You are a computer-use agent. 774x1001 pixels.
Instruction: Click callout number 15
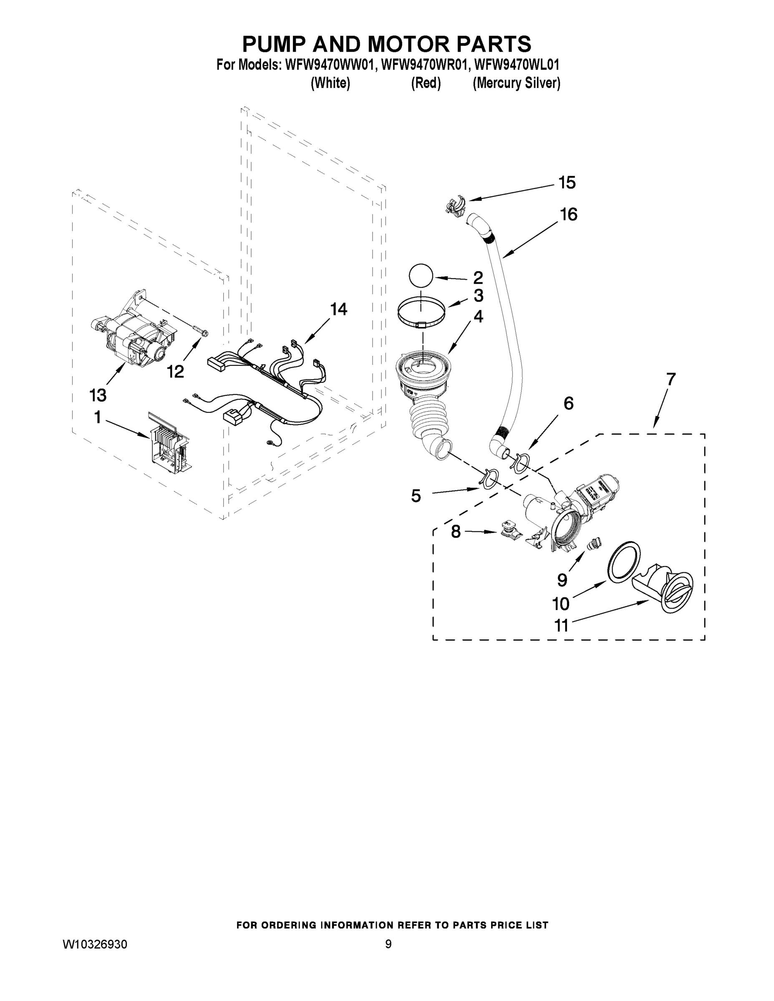click(567, 183)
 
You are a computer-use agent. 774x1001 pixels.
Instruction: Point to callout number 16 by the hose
click(569, 214)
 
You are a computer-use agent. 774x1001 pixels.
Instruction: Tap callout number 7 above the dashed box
click(671, 380)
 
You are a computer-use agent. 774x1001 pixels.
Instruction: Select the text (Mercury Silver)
click(516, 83)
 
